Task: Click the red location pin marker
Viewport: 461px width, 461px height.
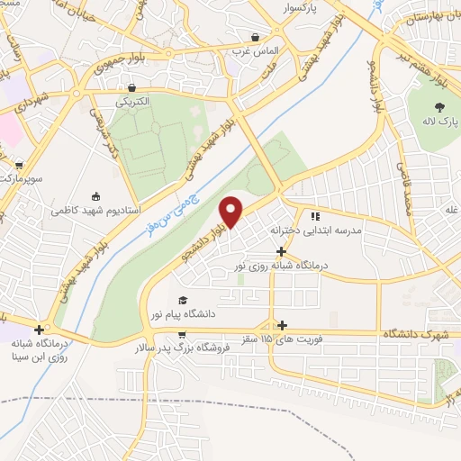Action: coord(231,212)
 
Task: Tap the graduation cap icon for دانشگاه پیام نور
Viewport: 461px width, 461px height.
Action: coord(183,300)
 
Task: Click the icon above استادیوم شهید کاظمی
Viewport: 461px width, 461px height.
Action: coord(96,195)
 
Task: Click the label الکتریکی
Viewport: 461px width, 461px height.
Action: coord(132,103)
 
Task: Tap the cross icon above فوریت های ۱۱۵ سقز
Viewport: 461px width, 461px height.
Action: coord(283,324)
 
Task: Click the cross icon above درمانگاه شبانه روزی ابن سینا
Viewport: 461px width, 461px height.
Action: coord(39,329)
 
